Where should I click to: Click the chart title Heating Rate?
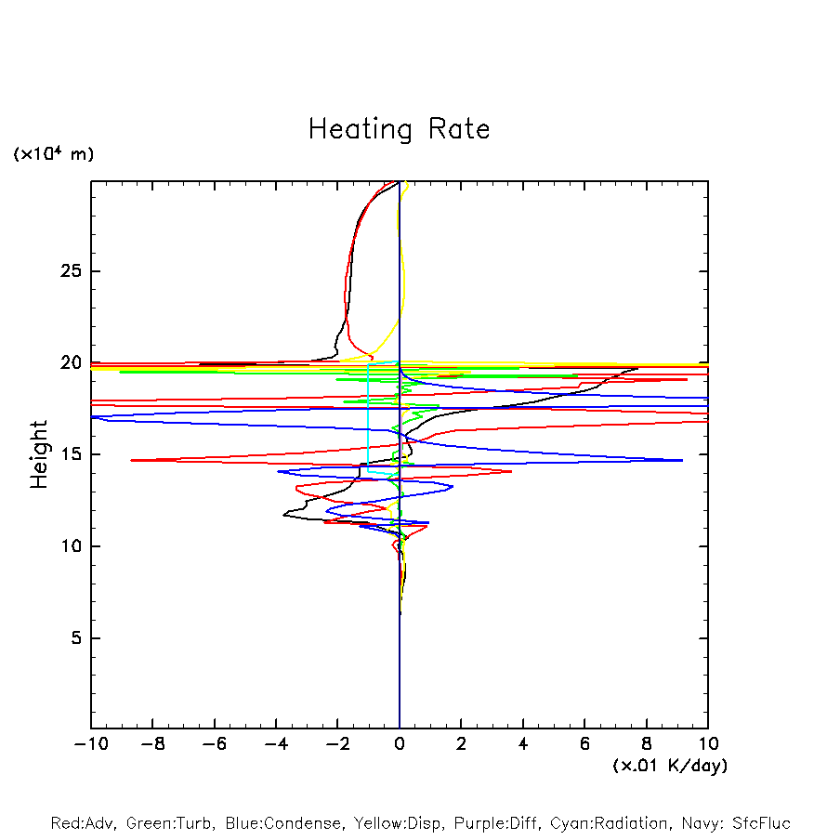pos(399,129)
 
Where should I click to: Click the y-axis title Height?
pos(39,454)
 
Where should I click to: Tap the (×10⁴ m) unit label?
pos(53,154)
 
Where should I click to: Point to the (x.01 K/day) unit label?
pos(669,766)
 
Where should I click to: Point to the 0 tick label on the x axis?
pos(400,744)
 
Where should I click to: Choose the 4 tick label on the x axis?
pos(523,744)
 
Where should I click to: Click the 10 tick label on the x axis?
pos(707,744)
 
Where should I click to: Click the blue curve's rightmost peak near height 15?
pos(682,460)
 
